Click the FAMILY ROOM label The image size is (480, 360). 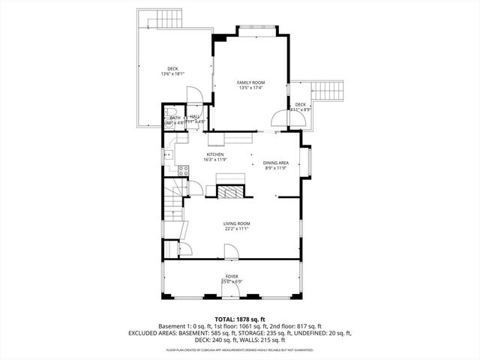pyautogui.click(x=250, y=82)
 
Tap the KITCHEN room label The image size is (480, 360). pyautogui.click(x=215, y=154)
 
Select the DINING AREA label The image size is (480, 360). pyautogui.click(x=276, y=163)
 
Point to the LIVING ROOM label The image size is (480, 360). pyautogui.click(x=236, y=223)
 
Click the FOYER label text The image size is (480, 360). pyautogui.click(x=232, y=277)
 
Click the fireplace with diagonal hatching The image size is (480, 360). pyautogui.click(x=231, y=190)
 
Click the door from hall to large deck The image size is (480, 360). pyautogui.click(x=193, y=95)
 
